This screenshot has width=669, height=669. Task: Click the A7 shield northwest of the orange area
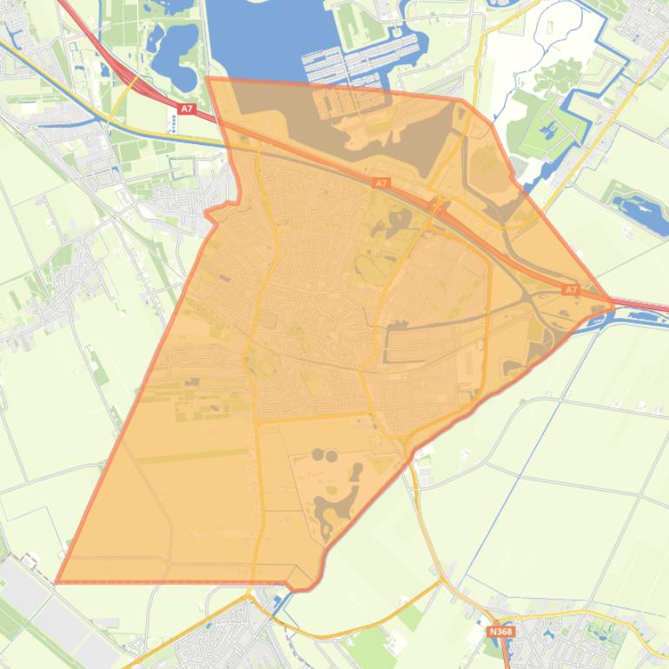click(186, 109)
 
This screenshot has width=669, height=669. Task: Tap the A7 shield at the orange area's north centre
click(381, 183)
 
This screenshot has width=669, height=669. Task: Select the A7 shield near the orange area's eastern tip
click(570, 289)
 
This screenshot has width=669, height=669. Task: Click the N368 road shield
click(500, 632)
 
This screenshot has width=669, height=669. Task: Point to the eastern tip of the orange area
click(613, 306)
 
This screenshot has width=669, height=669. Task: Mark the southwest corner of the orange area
click(56, 582)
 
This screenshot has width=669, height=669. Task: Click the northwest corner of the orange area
click(208, 78)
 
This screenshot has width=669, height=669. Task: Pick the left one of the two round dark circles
click(317, 454)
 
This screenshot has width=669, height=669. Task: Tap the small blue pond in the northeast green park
click(550, 131)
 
